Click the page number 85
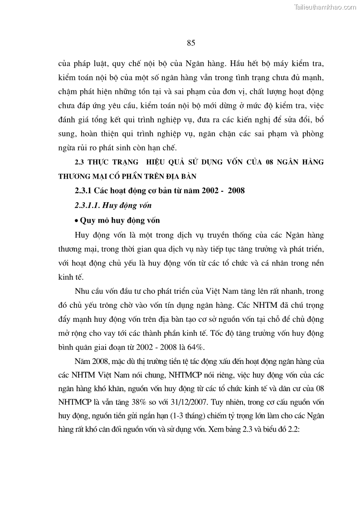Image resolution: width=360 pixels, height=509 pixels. (190, 43)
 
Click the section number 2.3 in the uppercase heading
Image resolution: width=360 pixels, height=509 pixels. (79, 162)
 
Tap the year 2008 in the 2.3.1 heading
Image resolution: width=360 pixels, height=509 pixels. (236, 190)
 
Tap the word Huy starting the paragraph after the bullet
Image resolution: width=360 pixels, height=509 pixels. (82, 235)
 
